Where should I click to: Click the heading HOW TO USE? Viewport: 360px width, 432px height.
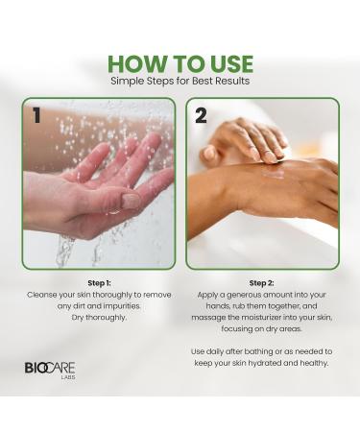180,63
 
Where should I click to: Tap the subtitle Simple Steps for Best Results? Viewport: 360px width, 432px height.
180,82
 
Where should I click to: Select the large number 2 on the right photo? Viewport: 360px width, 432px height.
202,117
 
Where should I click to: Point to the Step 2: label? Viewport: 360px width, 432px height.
262,284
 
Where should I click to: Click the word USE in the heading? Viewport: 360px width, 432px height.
223,63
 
